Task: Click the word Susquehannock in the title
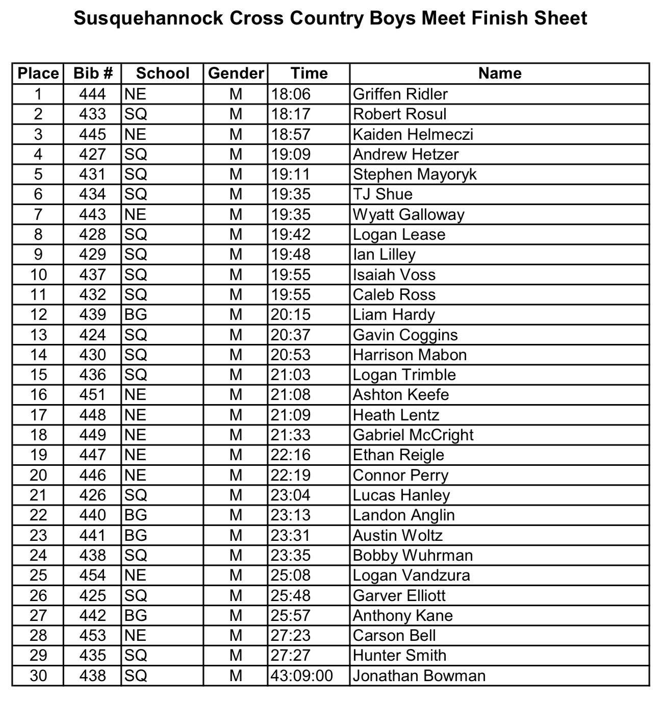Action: click(148, 19)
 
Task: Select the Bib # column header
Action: click(92, 73)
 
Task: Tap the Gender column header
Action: click(236, 73)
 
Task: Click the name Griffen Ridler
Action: click(400, 94)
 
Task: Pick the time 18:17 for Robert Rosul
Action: click(291, 114)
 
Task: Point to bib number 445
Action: click(92, 134)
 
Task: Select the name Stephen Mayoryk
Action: click(414, 174)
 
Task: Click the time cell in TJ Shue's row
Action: click(291, 194)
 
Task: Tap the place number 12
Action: click(38, 315)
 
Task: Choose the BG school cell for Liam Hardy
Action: click(136, 315)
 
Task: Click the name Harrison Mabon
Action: click(410, 355)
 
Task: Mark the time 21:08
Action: click(291, 395)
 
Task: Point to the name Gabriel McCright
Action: click(413, 435)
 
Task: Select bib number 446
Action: click(92, 475)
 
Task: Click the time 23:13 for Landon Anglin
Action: click(291, 515)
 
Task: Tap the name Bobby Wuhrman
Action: click(413, 555)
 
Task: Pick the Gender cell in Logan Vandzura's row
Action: click(236, 575)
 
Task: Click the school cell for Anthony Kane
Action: click(136, 615)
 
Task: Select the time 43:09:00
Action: click(301, 675)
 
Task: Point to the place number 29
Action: click(38, 656)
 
